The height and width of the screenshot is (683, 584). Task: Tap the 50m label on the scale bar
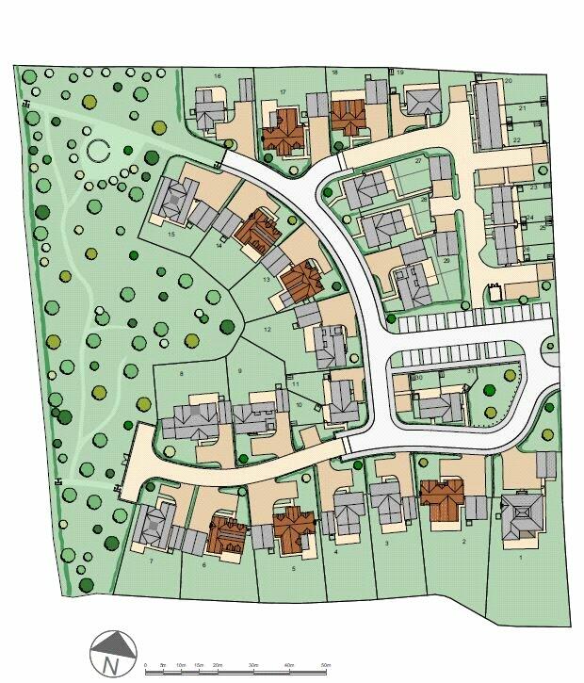point(325,666)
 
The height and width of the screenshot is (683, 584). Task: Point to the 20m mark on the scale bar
point(217,666)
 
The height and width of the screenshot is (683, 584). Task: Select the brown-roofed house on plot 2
point(442,498)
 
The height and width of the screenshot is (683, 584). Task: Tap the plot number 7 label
point(151,561)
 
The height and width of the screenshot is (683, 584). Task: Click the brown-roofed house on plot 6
point(227,533)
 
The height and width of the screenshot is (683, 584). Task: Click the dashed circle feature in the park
point(99,148)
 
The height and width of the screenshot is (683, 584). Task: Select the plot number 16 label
point(217,75)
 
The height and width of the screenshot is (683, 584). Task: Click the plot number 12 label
point(268,330)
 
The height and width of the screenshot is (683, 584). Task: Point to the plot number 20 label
point(509,81)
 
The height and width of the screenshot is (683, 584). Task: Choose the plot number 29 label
point(446,260)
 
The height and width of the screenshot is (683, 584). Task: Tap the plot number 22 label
point(517,139)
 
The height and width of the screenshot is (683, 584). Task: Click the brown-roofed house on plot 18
point(348,115)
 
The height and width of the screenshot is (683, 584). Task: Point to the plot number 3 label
point(387,544)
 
